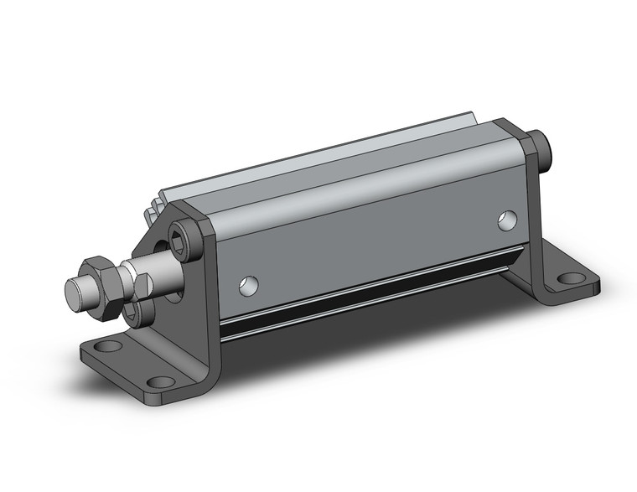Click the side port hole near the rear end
506,220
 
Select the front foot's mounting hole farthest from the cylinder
106,346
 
